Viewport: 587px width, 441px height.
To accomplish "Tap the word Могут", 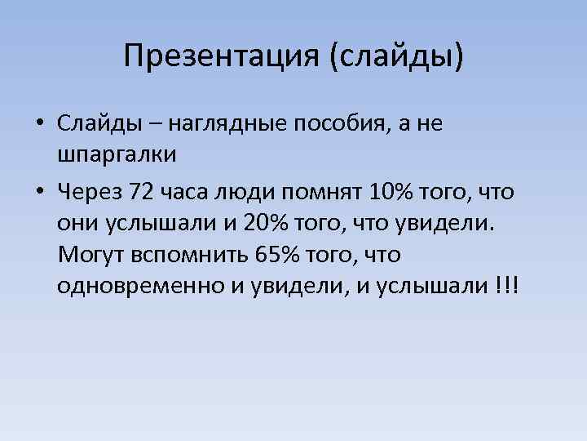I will pos(90,255).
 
